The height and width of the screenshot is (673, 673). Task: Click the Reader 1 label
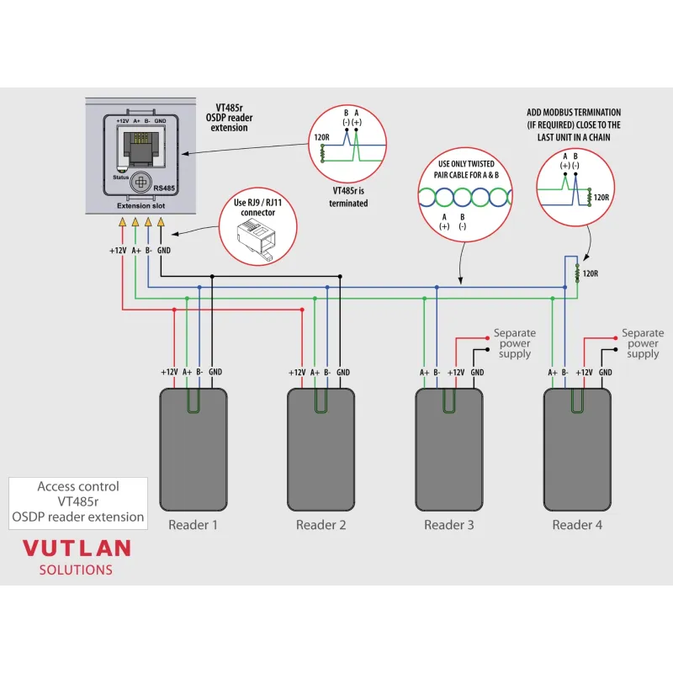pos(193,526)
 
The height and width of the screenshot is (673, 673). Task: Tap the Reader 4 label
pos(577,526)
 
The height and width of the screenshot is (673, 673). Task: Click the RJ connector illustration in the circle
pos(257,245)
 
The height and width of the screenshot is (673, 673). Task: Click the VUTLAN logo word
pos(77,548)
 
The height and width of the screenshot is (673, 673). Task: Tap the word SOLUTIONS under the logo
pos(76,570)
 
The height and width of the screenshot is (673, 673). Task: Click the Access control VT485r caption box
pos(77,501)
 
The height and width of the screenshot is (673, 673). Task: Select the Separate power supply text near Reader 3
pos(514,343)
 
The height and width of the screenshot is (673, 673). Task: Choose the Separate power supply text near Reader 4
pos(643,343)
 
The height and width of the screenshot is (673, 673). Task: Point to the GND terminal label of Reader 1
pos(215,372)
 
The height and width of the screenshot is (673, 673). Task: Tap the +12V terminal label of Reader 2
pos(297,372)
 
